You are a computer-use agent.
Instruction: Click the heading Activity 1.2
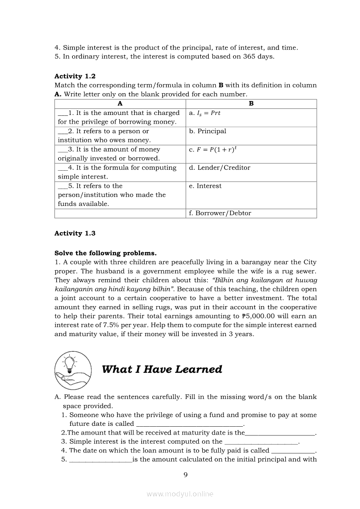tap(75, 76)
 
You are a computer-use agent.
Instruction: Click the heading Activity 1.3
tap(75, 233)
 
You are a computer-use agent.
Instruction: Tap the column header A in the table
tap(120, 104)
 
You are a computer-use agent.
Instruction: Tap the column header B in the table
tap(251, 104)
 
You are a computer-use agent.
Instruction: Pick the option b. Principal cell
tap(208, 131)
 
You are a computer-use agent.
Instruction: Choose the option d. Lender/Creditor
tap(220, 168)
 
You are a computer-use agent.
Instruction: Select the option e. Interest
tap(205, 186)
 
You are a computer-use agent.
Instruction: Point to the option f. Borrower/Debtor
tap(220, 213)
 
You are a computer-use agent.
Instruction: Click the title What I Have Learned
tap(162, 369)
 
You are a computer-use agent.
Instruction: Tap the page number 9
tap(186, 475)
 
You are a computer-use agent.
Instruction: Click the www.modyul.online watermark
tap(180, 494)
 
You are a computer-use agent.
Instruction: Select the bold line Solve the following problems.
tap(105, 253)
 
